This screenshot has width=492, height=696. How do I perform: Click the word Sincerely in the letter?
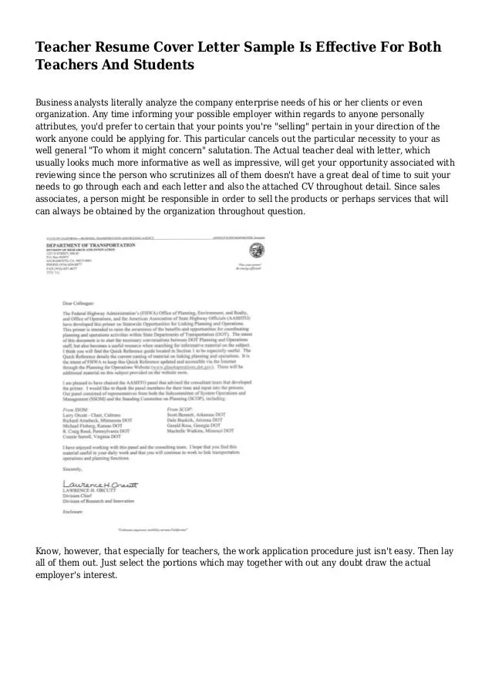(72, 468)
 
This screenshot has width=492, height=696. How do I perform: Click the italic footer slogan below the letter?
(158, 530)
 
